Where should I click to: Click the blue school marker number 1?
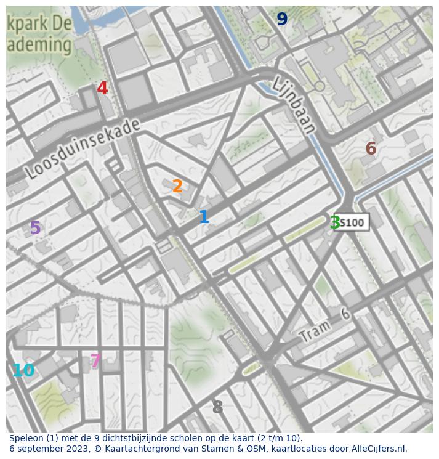click(x=204, y=217)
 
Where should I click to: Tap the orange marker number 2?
click(x=177, y=186)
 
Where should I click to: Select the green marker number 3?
click(x=335, y=222)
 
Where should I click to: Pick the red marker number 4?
click(x=102, y=89)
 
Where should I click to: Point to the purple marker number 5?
click(x=35, y=229)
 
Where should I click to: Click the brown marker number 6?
click(x=371, y=148)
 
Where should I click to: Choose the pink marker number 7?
click(x=95, y=361)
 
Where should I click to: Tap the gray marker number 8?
click(x=217, y=408)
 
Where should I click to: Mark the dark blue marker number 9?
click(x=282, y=20)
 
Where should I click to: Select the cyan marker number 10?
click(x=23, y=371)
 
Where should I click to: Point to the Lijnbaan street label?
click(x=294, y=105)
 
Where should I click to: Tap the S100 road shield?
click(x=352, y=222)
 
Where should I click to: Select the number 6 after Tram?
click(x=345, y=315)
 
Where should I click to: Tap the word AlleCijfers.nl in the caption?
click(x=378, y=449)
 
